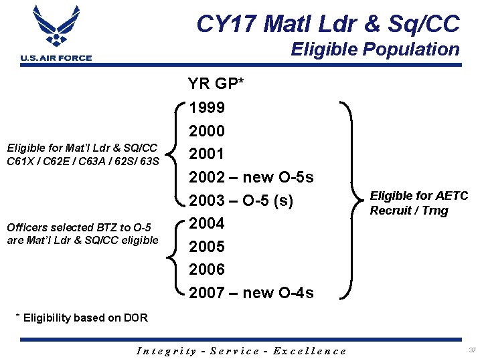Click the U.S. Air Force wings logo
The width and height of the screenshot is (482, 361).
point(56,27)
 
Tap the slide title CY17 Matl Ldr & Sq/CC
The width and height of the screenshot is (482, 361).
point(328,24)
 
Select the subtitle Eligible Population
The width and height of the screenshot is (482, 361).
point(375,49)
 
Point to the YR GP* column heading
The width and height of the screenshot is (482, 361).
point(216,84)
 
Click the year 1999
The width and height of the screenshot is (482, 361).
point(207,108)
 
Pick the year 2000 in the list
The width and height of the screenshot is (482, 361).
point(207,131)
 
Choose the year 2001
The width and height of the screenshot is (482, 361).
point(207,154)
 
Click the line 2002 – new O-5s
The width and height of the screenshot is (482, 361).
point(251,178)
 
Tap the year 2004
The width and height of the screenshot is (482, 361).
point(207,223)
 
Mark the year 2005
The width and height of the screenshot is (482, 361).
point(207,247)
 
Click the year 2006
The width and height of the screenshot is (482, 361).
point(207,269)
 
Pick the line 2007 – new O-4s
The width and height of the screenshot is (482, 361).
point(251,293)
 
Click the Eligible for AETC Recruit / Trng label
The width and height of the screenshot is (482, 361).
point(418,203)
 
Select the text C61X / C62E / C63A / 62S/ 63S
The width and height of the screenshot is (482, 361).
point(82,160)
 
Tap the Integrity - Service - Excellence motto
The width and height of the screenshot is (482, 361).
point(241,351)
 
